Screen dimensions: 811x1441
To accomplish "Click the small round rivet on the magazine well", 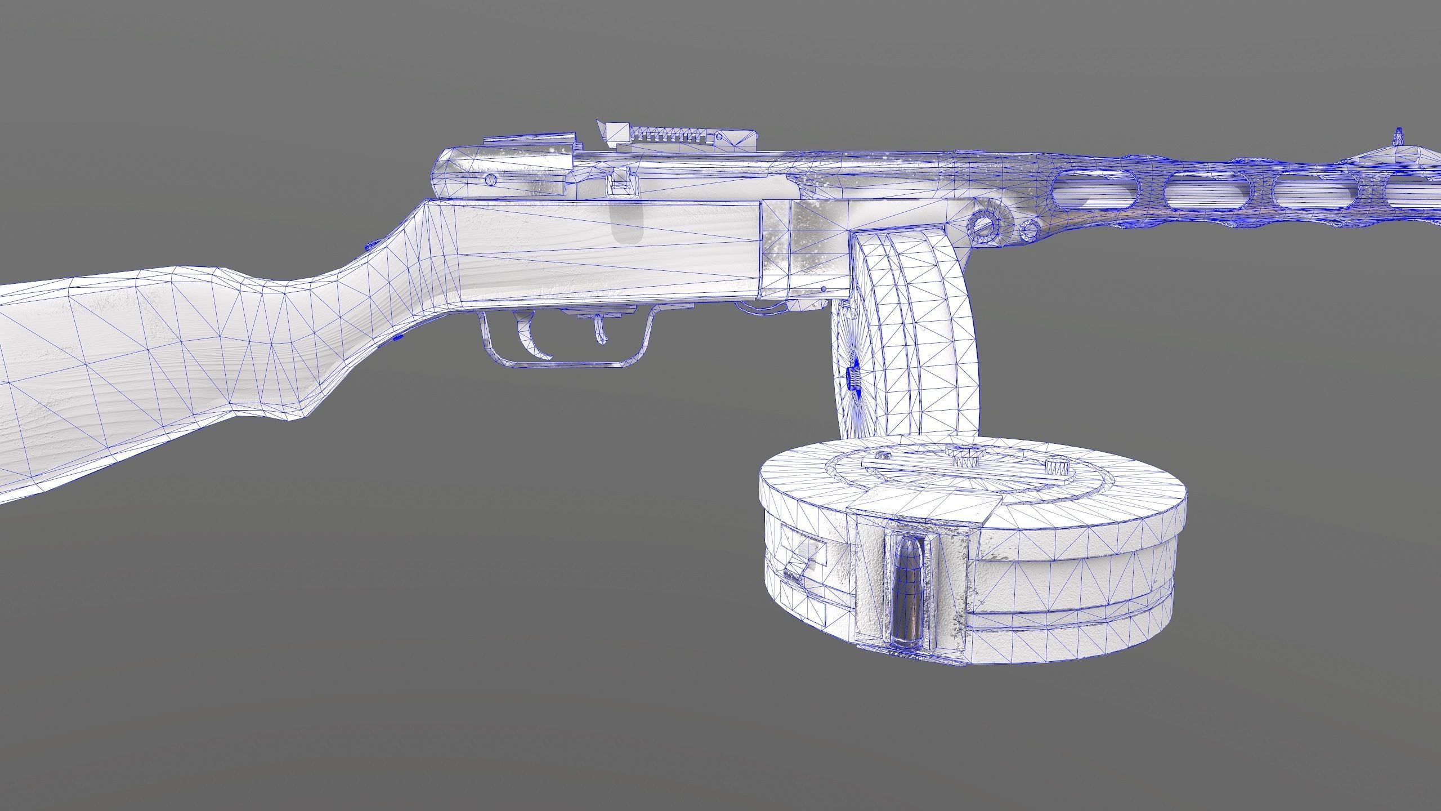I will pos(824,288).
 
